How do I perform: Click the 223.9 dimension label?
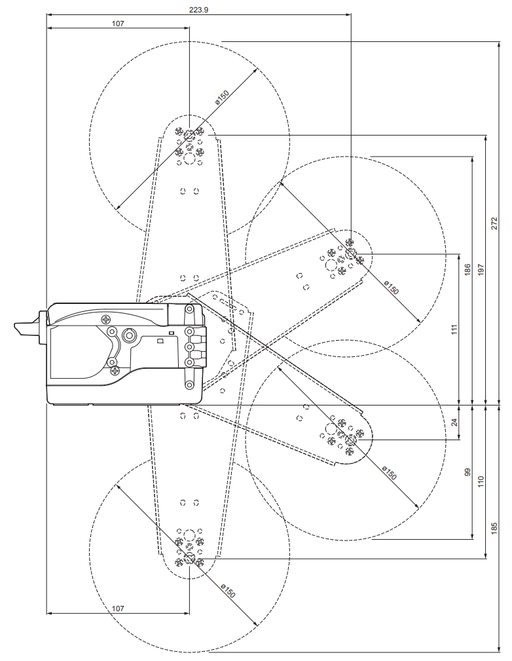point(198,10)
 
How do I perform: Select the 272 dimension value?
point(494,223)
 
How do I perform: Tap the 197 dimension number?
point(481,270)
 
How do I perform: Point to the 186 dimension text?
point(467,270)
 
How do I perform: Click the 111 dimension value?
point(454,330)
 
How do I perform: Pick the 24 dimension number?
point(454,423)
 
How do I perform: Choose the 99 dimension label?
point(467,472)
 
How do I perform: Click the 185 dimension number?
point(494,529)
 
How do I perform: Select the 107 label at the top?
point(118,24)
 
